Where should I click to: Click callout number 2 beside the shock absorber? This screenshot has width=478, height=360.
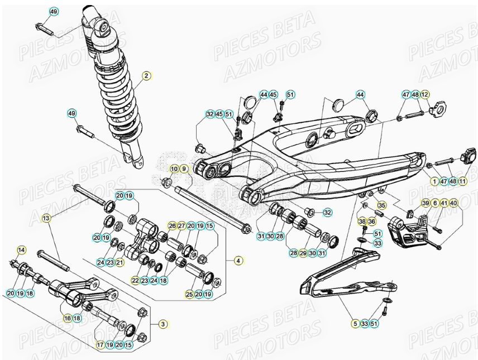point(146,76)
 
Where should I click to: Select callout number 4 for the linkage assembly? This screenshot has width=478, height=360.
point(238,260)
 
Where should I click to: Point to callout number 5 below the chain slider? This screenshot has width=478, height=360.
point(355,323)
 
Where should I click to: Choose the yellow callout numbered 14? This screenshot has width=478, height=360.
point(21,249)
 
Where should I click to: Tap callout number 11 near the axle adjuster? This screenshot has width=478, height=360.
point(463,181)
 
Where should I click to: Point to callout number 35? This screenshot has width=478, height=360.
point(382,205)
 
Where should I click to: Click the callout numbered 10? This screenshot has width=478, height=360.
point(174,169)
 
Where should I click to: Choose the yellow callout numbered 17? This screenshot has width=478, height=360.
point(100,345)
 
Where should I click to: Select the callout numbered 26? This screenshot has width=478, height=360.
point(172,225)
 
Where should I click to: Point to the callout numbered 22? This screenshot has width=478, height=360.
point(135,280)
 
